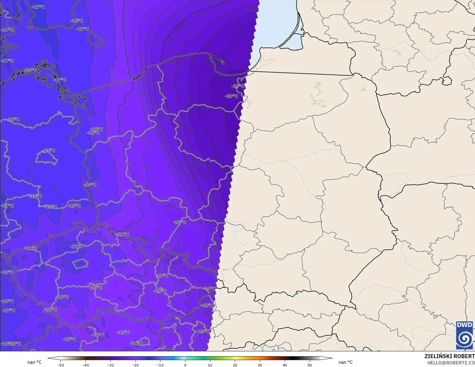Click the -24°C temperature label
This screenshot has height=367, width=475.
pyautogui.click(x=210, y=288)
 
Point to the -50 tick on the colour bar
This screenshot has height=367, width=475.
pyautogui.click(x=60, y=365)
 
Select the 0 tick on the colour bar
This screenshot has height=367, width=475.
pyautogui.click(x=185, y=365)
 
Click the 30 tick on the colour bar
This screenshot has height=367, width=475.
pyautogui.click(x=260, y=365)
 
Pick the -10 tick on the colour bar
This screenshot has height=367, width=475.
pyautogui.click(x=160, y=365)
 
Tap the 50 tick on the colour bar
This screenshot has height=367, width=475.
pyautogui.click(x=309, y=365)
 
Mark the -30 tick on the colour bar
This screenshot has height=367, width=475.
pyautogui.click(x=110, y=365)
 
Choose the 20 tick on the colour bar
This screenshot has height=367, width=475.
pyautogui.click(x=235, y=365)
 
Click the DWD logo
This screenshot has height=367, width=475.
pyautogui.click(x=464, y=335)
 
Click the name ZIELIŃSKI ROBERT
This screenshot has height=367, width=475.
pyautogui.click(x=449, y=356)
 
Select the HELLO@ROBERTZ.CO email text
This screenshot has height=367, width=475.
pyautogui.click(x=451, y=362)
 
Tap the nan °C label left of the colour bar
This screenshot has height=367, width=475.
pyautogui.click(x=34, y=362)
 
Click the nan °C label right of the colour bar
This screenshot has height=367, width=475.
pyautogui.click(x=345, y=362)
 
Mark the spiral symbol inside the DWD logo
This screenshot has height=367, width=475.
pyautogui.click(x=464, y=339)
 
